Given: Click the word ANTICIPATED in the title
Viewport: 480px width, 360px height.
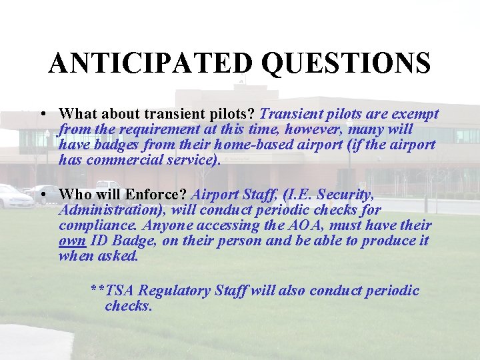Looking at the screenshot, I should click(151, 63).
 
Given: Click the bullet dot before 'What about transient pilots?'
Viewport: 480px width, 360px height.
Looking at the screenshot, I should click(43, 114).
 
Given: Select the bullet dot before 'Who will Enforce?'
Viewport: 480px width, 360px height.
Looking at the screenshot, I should click(43, 195).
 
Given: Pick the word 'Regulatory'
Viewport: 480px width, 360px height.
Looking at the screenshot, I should click(175, 291).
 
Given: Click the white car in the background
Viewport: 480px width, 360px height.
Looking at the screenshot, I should click(15, 197).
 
